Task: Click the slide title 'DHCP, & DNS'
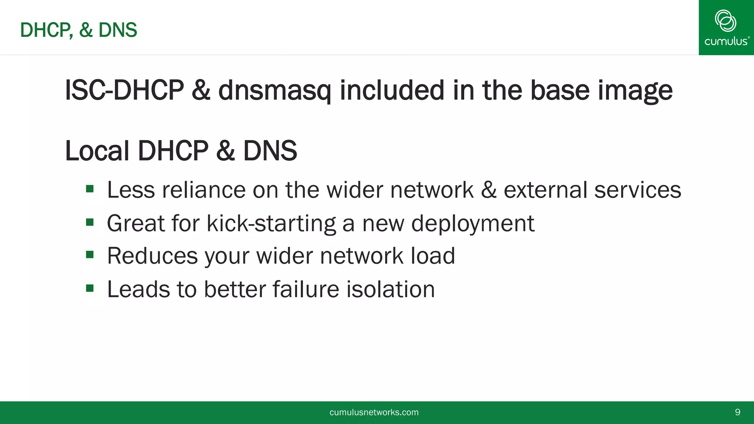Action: [78, 30]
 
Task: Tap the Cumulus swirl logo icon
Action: [725, 21]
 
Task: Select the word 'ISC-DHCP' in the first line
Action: [124, 91]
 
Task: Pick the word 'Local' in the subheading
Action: [97, 151]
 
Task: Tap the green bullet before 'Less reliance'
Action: [90, 190]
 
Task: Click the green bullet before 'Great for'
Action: [90, 222]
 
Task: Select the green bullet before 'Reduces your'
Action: [90, 255]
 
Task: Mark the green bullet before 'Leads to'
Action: [90, 288]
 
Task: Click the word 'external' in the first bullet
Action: [545, 190]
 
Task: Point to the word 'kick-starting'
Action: [271, 224]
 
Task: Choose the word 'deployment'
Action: [472, 224]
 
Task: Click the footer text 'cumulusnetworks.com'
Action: [374, 412]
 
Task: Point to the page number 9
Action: [737, 412]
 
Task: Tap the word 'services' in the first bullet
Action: [638, 190]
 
